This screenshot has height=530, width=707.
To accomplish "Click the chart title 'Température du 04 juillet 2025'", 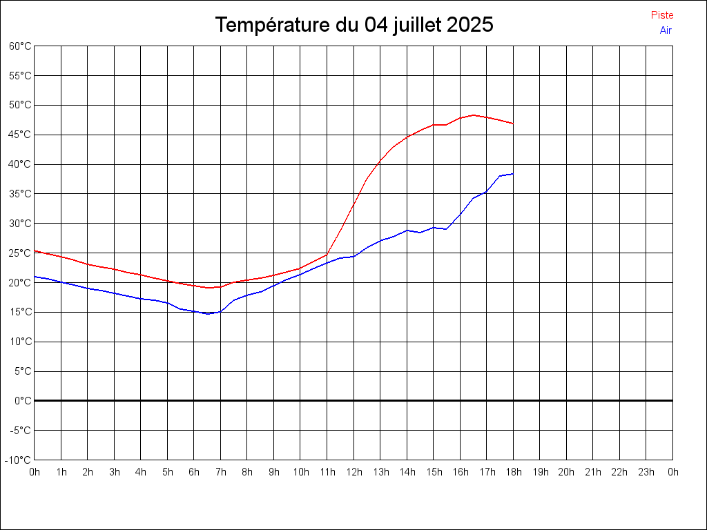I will click(354, 25).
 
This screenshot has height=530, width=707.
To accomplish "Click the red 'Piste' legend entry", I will click(662, 15).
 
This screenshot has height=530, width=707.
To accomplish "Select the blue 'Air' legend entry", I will click(666, 30).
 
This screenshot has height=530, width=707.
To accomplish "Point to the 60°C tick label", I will click(20, 46).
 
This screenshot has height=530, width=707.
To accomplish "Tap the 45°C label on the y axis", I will click(20, 135).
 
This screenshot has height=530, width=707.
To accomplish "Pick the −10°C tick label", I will click(19, 460).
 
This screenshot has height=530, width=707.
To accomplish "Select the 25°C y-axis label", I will click(20, 253).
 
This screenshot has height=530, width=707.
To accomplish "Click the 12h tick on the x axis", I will click(353, 472).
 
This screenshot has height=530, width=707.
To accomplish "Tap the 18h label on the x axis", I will click(513, 472).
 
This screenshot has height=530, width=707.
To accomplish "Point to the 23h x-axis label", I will click(646, 472).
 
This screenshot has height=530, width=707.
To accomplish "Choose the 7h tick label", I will click(220, 472).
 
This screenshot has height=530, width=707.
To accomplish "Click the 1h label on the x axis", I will click(61, 472).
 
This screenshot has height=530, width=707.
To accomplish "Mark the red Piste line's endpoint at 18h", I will click(513, 124).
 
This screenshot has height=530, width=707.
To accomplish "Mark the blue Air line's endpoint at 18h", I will click(513, 174).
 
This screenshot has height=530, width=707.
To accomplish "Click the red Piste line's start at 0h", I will click(35, 251).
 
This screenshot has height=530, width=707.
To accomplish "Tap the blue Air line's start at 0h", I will click(35, 276).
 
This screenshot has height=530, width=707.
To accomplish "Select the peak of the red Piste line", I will click(474, 115).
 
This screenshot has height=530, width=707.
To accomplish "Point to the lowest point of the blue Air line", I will click(208, 313).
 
